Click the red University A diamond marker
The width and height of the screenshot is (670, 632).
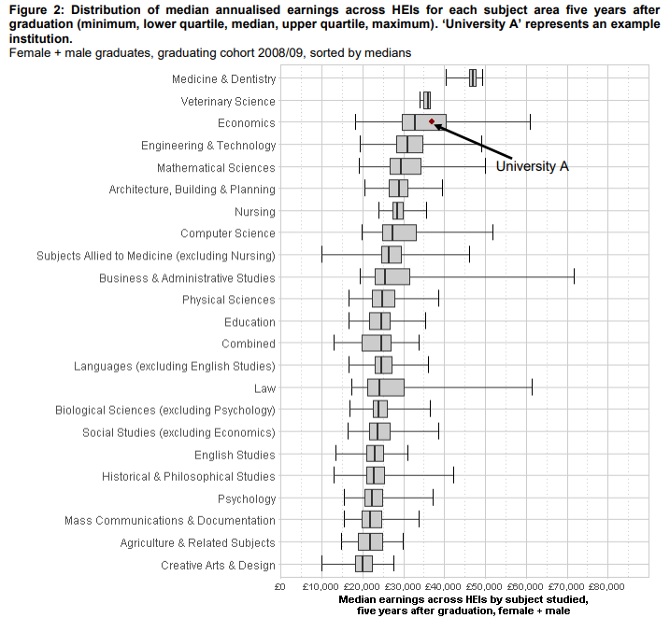(431, 121)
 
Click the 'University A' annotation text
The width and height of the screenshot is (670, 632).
(532, 166)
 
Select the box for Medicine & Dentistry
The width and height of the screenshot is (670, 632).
(473, 78)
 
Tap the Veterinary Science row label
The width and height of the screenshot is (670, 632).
(229, 101)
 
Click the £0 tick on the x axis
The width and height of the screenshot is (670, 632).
(279, 587)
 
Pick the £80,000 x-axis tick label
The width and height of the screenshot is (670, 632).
(607, 587)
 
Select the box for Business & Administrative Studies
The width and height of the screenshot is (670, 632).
(392, 277)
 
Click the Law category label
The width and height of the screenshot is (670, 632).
(264, 387)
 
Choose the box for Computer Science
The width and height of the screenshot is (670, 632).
(399, 232)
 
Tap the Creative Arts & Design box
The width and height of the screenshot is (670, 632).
(364, 564)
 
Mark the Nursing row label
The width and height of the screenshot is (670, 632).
(255, 211)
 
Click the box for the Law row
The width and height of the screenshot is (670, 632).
(386, 387)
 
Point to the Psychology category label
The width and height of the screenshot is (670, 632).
(247, 499)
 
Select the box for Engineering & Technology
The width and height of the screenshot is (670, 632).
(409, 145)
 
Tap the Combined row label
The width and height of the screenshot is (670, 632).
(249, 344)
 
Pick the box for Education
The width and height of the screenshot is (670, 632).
(379, 321)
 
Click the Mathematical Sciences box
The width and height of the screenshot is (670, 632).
(406, 167)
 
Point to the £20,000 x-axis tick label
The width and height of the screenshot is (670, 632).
(361, 587)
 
